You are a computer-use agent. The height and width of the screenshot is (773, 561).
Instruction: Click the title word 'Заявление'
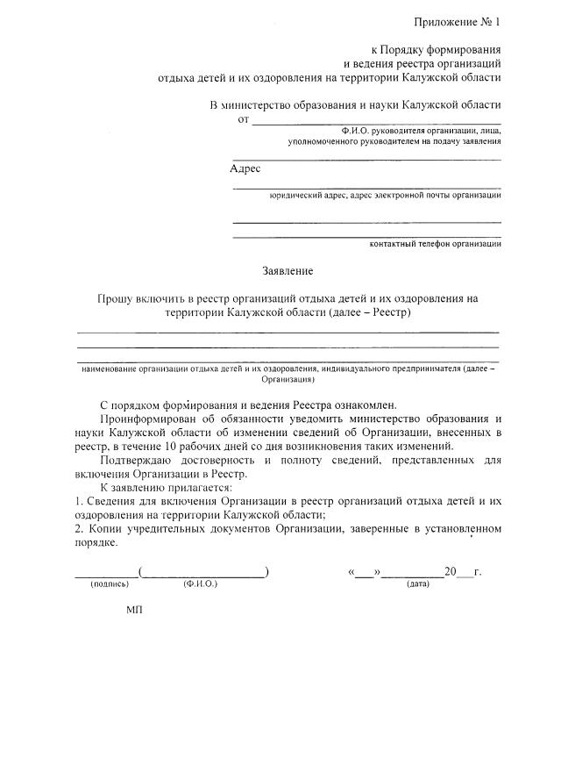pos(288,271)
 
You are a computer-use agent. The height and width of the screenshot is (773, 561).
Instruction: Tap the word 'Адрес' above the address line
pos(245,168)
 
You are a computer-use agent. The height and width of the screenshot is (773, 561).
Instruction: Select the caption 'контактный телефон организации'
pos(436,245)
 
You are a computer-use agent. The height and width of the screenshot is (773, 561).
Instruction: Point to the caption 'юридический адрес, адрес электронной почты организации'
pos(386,196)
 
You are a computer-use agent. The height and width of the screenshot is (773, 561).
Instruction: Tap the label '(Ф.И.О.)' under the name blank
pos(201,583)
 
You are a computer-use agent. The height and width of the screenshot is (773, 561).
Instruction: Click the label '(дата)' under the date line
pos(418,583)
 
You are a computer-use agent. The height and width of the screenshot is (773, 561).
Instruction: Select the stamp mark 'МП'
pos(134,609)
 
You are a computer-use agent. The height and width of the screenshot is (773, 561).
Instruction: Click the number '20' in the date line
pos(451,572)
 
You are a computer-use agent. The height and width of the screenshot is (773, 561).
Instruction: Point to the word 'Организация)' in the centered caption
pos(288,381)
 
